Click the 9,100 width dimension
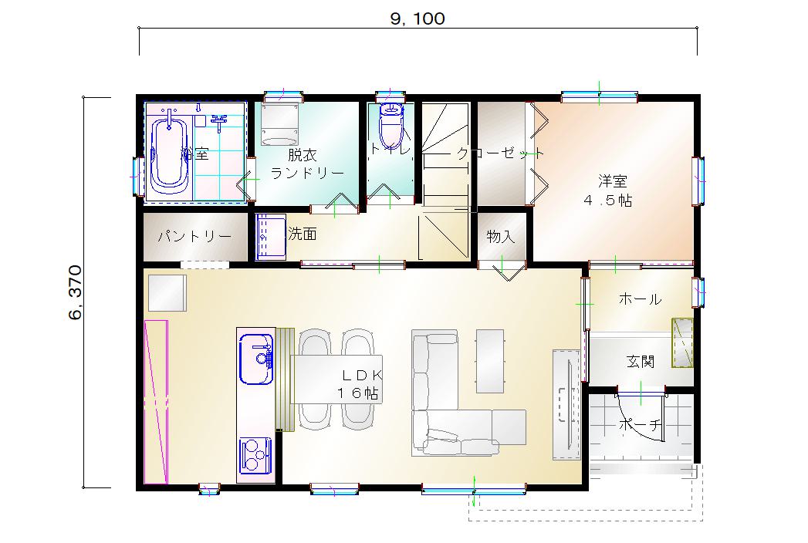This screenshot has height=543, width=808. click(418, 19)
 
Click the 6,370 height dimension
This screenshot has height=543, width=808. click(75, 292)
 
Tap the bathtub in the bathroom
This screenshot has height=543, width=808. click(168, 154)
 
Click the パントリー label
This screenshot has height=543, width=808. click(194, 237)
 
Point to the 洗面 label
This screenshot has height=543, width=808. click(303, 234)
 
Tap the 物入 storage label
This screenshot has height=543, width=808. click(501, 237)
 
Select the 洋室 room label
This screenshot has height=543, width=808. click(613, 181)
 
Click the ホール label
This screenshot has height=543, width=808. click(640, 298)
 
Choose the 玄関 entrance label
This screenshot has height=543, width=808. click(641, 362)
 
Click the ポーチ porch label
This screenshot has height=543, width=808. click(640, 425)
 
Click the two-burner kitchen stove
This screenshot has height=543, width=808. click(255, 455)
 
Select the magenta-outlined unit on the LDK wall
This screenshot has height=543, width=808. click(156, 402)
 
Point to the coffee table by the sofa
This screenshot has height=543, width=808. click(489, 361)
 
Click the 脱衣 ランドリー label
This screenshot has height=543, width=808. click(307, 164)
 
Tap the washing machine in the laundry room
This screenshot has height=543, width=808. click(280, 124)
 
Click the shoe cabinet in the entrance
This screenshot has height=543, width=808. click(682, 342)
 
